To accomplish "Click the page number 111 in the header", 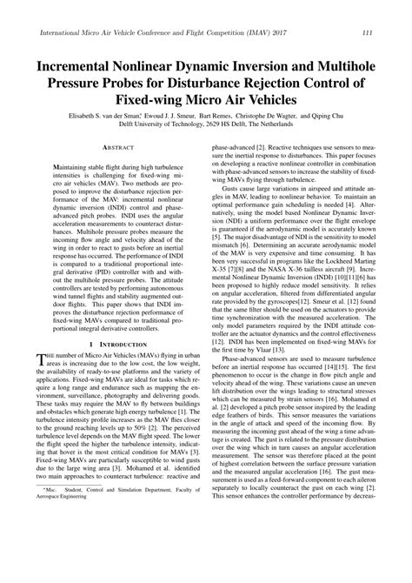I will pos(368,32).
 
